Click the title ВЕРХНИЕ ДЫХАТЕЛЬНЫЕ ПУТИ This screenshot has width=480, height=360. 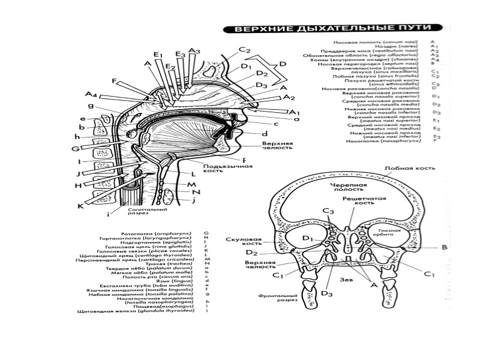click(332, 28)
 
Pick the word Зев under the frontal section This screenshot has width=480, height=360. click(346, 278)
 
